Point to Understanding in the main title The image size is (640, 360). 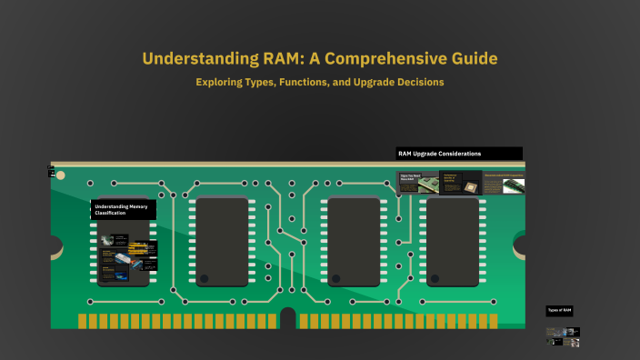tap(185, 59)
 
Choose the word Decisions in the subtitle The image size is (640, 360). tap(415, 82)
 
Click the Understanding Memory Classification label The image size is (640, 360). tap(123, 209)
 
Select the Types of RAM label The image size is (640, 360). tap(560, 310)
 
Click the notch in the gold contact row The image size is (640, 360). tap(288, 319)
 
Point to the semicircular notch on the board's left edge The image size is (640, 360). tap(55, 245)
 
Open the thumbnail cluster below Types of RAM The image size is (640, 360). tap(562, 336)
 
